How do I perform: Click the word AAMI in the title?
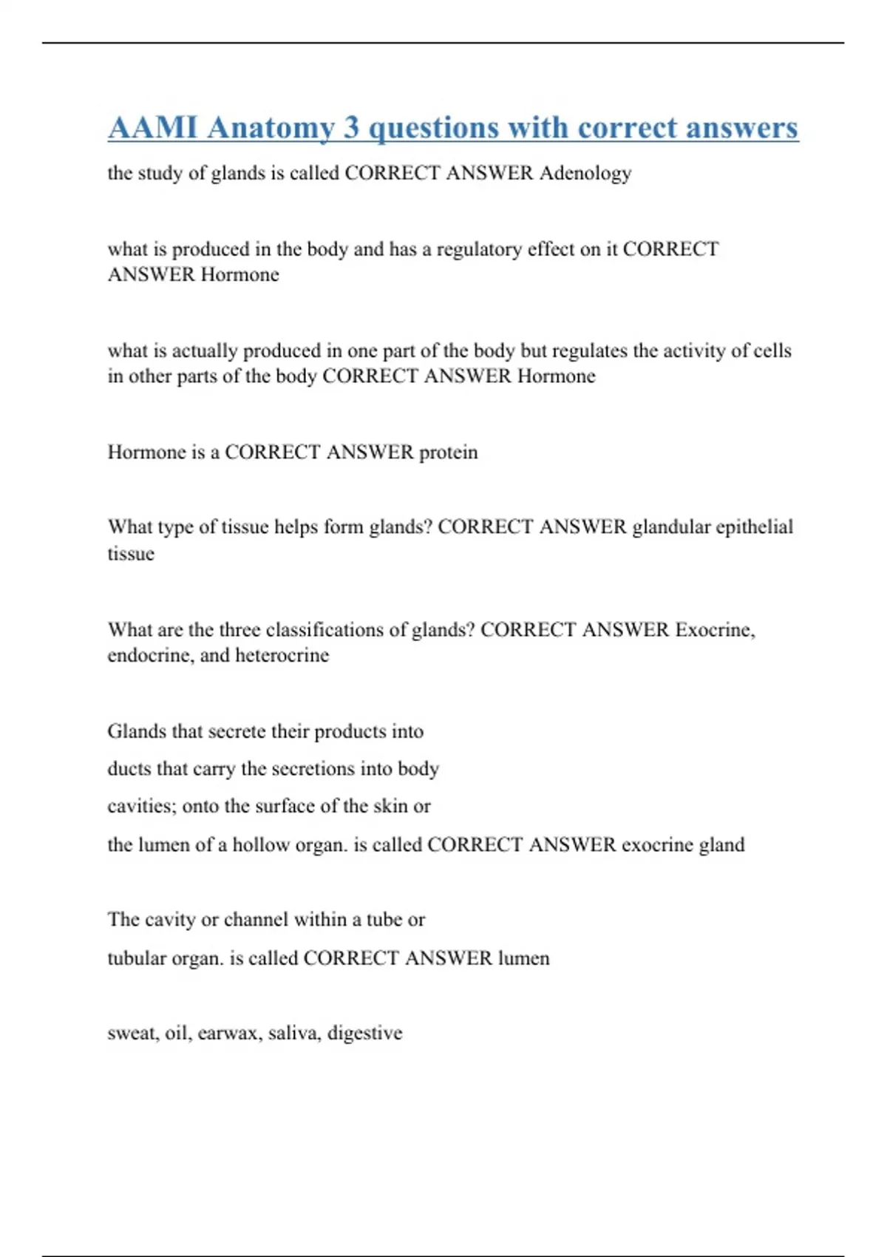point(153,128)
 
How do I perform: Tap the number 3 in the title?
point(351,128)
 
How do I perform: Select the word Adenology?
point(585,174)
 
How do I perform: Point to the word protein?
point(449,453)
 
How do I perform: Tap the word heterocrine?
point(282,656)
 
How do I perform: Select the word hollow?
point(261,845)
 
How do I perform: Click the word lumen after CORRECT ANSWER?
point(524,959)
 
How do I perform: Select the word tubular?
point(137,959)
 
